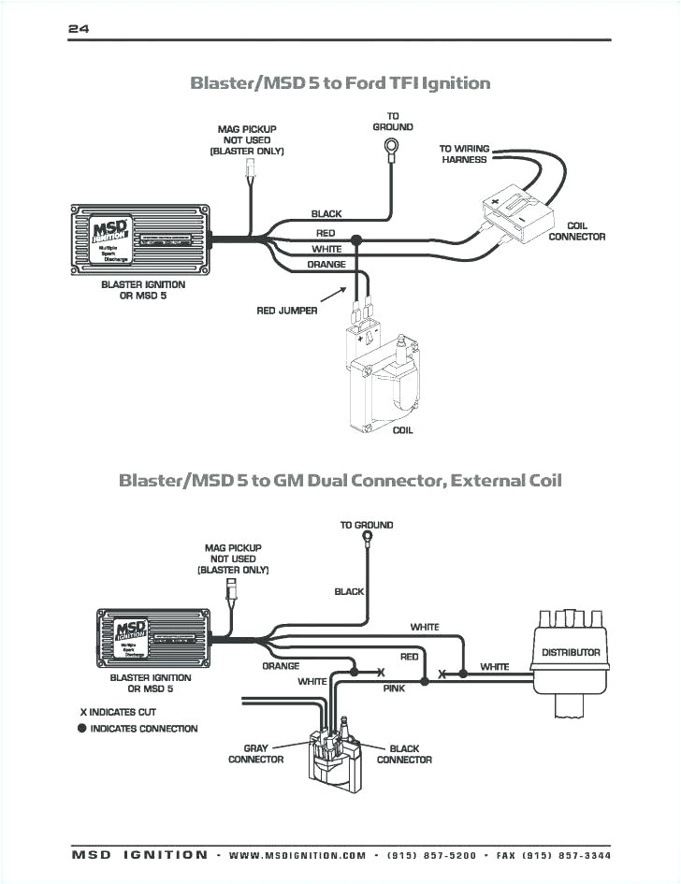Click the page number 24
79,29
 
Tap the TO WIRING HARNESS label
465,154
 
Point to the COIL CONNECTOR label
576,231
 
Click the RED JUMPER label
287,311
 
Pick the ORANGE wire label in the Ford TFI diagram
326,265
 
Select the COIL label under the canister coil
402,430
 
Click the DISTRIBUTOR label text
571,652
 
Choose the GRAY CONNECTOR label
255,754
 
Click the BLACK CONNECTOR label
404,754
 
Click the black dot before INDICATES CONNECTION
82,729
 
